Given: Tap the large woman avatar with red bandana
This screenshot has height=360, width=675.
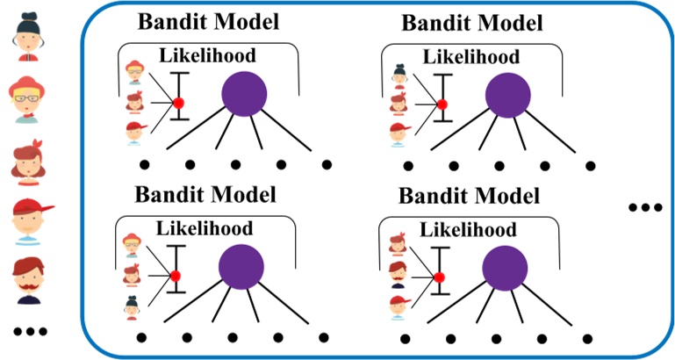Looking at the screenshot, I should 28,159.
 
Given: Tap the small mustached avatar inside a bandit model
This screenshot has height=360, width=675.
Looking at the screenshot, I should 398,275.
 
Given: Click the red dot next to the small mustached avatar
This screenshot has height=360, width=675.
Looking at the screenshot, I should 439,277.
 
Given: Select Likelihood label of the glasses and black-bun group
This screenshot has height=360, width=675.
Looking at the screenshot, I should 205,230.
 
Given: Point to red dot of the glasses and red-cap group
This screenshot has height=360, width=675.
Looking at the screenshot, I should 177,104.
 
